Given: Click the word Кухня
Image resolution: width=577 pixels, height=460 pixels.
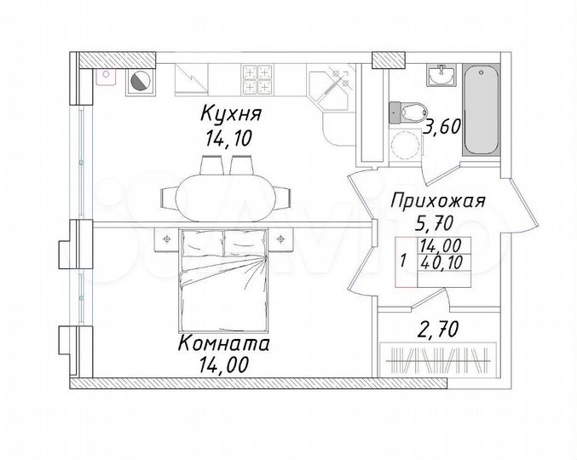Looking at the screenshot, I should coord(231,112).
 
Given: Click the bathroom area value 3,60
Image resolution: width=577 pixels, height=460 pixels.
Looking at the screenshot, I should coord(441,129).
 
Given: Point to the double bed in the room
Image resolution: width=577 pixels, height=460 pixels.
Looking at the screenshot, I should coord(222,281).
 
